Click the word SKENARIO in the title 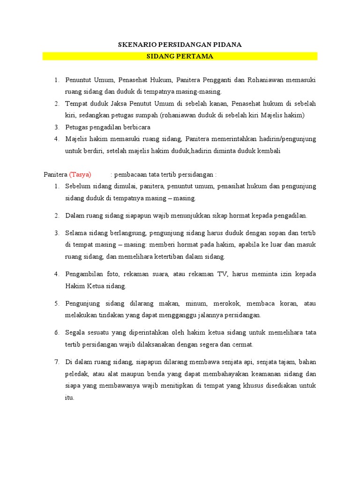[135, 45]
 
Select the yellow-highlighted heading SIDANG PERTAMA [180, 56]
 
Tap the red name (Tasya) [80, 174]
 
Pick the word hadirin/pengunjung [289, 139]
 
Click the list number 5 [56, 303]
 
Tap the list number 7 [56, 362]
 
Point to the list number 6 [56, 332]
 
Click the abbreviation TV [221, 274]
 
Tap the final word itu [69, 397]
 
